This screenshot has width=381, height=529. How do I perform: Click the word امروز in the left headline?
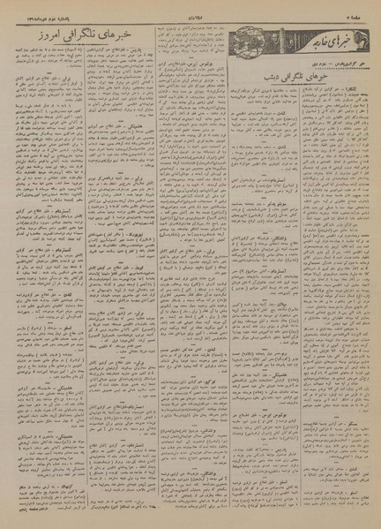click(52, 34)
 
